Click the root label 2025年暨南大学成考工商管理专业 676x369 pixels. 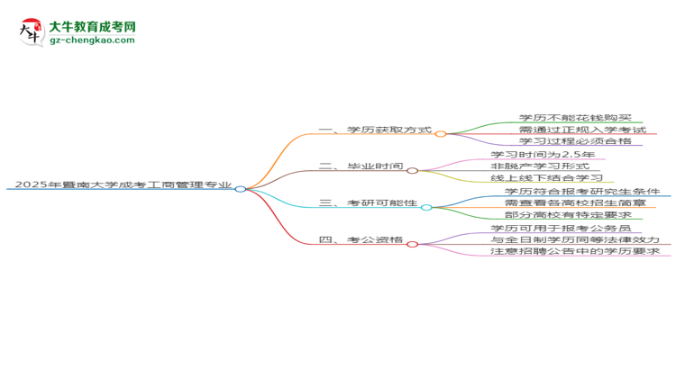tap(123, 184)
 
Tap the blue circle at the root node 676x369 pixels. tap(241, 189)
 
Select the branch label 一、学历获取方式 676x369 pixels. tap(375, 130)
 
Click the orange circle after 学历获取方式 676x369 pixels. tap(441, 134)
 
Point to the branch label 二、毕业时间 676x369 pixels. tap(361, 166)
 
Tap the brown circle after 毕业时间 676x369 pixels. tap(412, 170)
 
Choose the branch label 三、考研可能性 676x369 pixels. tap(368, 202)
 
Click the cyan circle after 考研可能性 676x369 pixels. tap(426, 208)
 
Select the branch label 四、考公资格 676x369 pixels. tap(361, 239)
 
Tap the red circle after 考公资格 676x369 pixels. tap(412, 244)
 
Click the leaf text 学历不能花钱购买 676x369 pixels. tap(575, 118)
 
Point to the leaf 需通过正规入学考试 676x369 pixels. tap(582, 130)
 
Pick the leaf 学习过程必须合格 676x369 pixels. tap(575, 141)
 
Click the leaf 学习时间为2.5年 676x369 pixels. tap(543, 154)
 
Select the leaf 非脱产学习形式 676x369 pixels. tap(540, 166)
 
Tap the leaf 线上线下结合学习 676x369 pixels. tap(547, 178)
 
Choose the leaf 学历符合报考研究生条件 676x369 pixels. tap(582, 191)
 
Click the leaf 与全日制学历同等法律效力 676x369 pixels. tap(575, 239)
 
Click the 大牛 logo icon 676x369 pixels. tap(32, 32)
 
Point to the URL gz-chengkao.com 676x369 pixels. tap(92, 40)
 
